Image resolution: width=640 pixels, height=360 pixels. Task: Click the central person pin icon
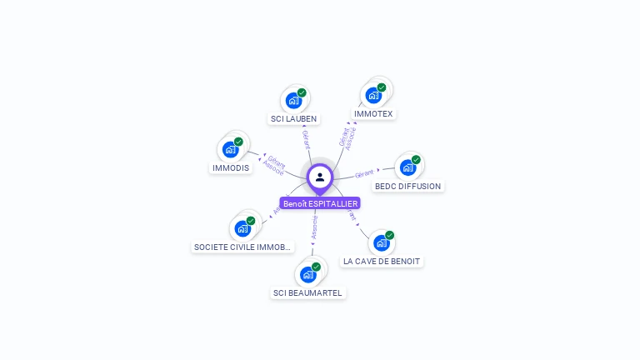[x=320, y=177]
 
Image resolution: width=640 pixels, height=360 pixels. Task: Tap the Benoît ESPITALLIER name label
[x=320, y=203]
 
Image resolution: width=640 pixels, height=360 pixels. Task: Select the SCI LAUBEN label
[x=294, y=119]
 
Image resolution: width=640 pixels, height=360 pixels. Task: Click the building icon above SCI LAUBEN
[x=293, y=101]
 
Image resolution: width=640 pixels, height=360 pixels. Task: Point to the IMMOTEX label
[x=373, y=113]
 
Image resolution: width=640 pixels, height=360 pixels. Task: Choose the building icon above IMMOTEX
[x=373, y=95]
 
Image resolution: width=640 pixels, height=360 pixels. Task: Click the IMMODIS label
[x=231, y=167]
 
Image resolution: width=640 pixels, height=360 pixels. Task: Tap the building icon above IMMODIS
[x=230, y=150]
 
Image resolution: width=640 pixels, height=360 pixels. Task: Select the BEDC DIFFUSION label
[x=408, y=186]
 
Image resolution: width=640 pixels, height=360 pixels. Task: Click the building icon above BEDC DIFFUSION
[x=407, y=167]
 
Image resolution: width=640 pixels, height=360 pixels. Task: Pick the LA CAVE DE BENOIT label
[x=382, y=261]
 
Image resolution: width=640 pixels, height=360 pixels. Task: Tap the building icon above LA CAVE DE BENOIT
[x=381, y=243]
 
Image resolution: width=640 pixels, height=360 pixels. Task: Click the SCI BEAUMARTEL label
[x=308, y=292]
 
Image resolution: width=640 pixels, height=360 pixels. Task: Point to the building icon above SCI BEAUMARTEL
[x=307, y=274]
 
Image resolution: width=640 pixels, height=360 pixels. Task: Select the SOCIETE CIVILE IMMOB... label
[x=242, y=247]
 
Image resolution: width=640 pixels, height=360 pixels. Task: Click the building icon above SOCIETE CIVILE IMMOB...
[x=242, y=228]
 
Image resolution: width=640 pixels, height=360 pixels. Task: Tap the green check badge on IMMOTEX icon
[x=382, y=87]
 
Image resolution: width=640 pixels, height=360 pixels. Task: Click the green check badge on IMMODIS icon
[x=238, y=142]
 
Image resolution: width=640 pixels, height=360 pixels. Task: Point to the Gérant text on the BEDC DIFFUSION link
[x=364, y=174]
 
